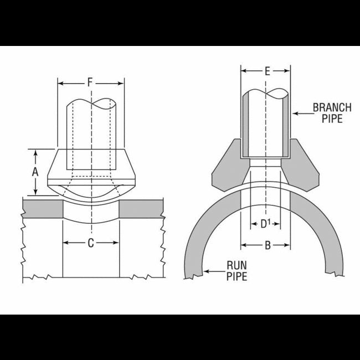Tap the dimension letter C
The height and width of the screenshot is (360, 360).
click(91, 243)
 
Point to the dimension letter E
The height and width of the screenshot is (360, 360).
click(267, 71)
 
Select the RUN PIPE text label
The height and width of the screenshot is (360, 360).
click(236, 270)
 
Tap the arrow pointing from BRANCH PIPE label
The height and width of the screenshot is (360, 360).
click(298, 113)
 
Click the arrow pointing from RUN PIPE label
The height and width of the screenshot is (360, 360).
click(209, 271)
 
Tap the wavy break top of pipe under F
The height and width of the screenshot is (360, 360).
click(91, 103)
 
